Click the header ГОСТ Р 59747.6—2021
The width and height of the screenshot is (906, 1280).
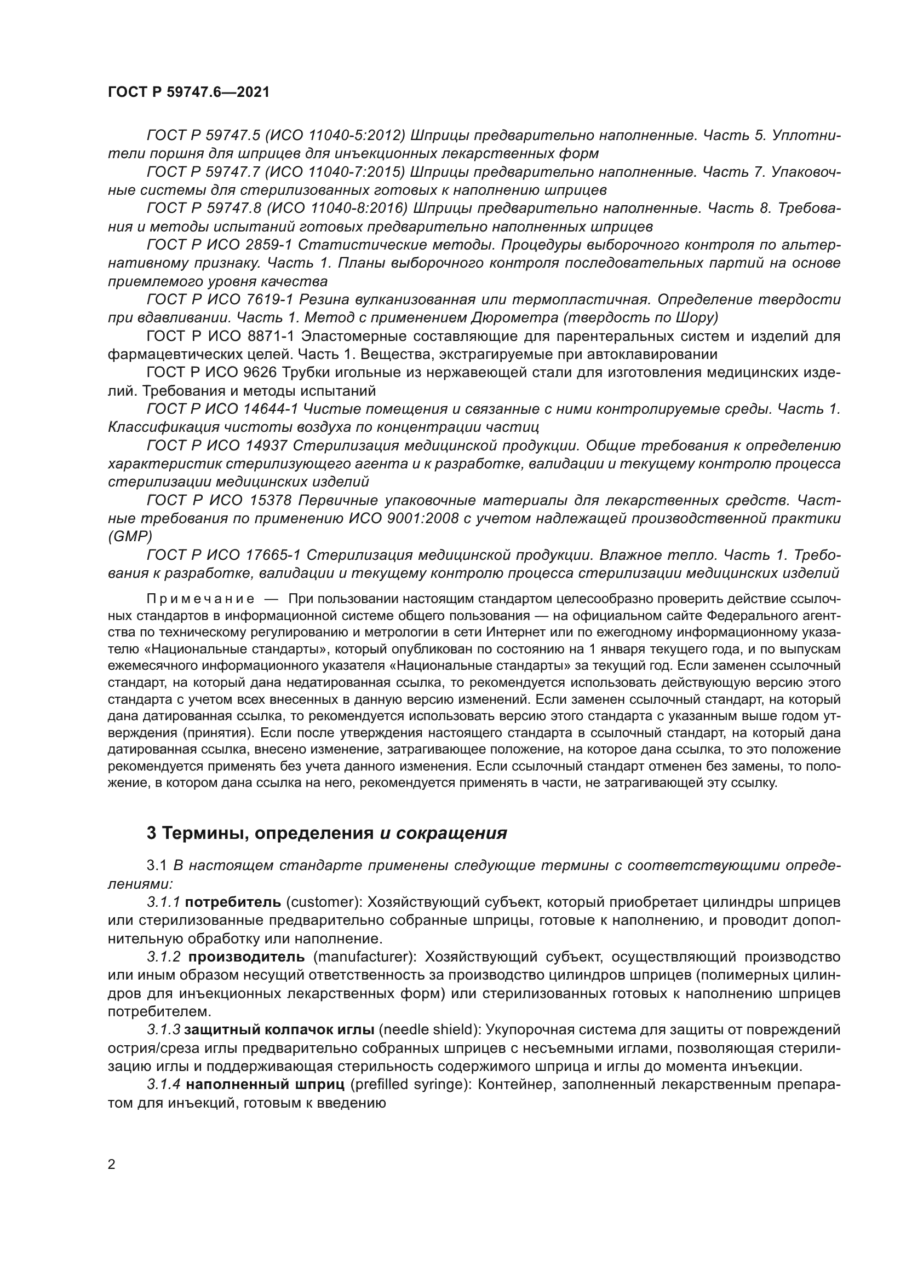[x=188, y=92]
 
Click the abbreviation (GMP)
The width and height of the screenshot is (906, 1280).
[x=130, y=536]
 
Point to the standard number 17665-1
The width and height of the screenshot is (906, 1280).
[x=273, y=555]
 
